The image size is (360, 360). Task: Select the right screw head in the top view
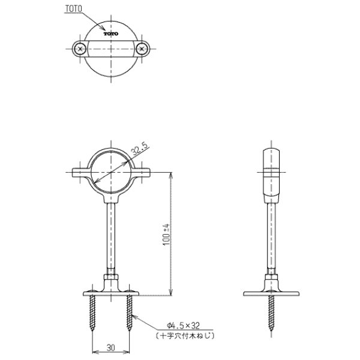tap(142, 49)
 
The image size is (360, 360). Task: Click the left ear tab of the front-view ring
tap(80, 174)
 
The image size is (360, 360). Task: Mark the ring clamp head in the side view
tap(271, 174)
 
